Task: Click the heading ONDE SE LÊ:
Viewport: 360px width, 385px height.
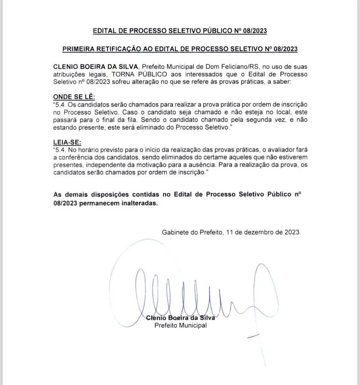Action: click(73, 97)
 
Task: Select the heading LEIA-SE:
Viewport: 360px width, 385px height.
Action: click(67, 142)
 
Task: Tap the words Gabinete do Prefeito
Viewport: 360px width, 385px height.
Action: click(192, 232)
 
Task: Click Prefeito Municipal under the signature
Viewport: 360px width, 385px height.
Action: click(180, 325)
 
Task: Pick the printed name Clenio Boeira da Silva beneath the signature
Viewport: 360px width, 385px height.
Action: click(180, 318)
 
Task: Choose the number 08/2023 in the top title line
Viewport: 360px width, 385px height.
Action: click(255, 31)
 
